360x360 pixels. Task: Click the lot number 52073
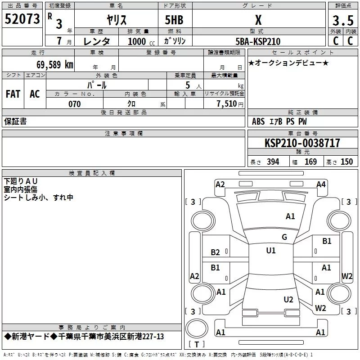(22, 19)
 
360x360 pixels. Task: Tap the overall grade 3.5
(343, 20)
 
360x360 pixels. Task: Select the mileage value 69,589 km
(55, 65)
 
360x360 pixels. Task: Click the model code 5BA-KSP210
(258, 41)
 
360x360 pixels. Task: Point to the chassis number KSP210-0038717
(302, 143)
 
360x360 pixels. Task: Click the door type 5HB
(174, 20)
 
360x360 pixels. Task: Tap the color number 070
(75, 104)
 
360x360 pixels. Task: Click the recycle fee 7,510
(227, 104)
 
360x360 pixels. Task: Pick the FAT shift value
(13, 94)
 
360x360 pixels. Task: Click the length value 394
(273, 162)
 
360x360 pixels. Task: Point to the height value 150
(346, 162)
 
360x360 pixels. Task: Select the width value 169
(310, 162)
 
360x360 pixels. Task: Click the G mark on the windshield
(284, 237)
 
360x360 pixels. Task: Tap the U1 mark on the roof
(271, 250)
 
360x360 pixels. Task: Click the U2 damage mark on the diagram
(288, 299)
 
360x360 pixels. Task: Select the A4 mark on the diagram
(321, 184)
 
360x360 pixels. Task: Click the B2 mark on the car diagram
(216, 252)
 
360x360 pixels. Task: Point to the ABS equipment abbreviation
(258, 121)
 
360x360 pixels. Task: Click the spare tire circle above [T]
(197, 329)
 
